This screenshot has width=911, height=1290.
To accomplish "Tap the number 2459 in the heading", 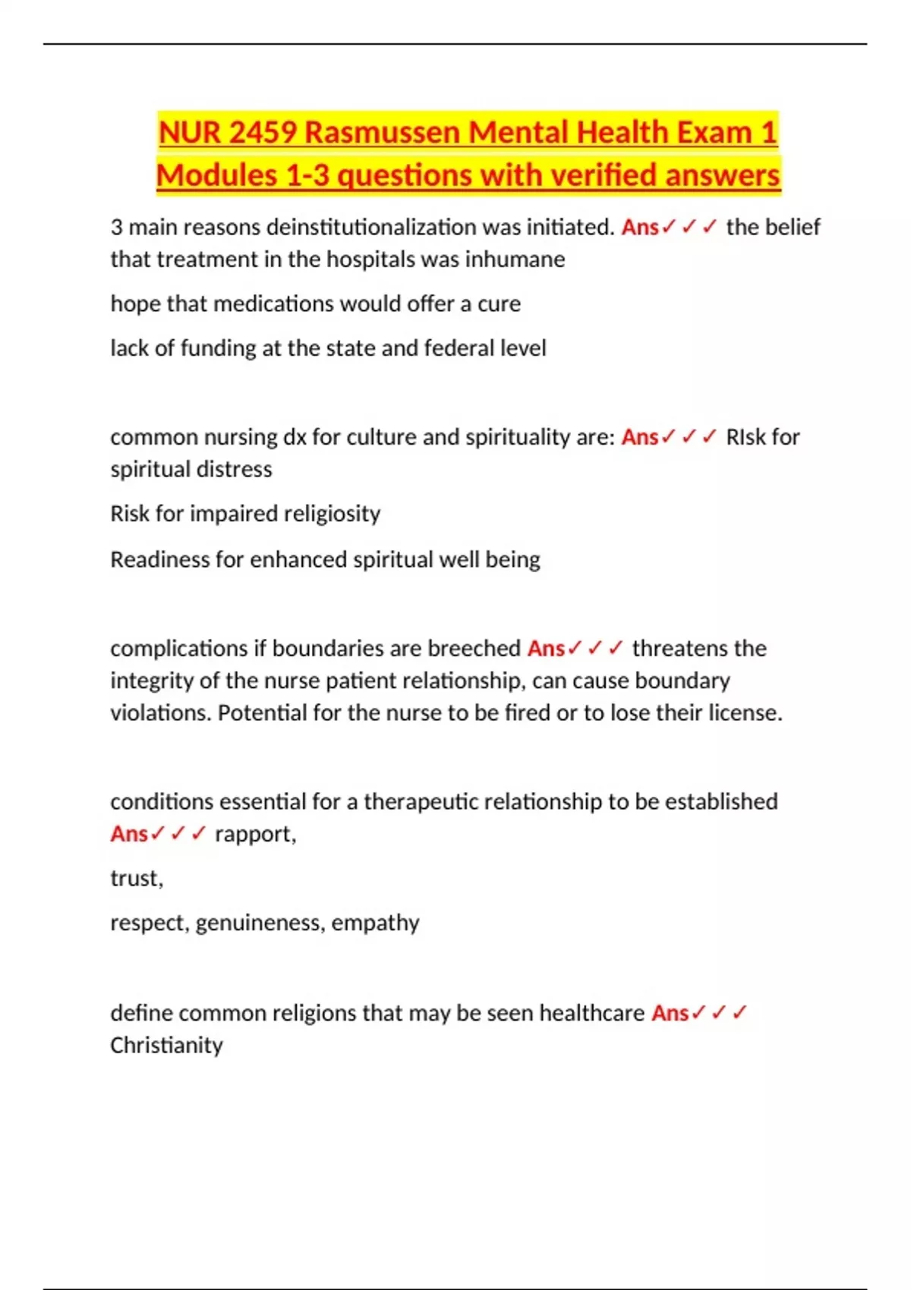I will click(262, 133).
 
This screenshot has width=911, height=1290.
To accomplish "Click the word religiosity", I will click(333, 514).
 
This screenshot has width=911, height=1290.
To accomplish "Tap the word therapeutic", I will click(421, 802).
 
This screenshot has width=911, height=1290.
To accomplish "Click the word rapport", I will click(255, 834).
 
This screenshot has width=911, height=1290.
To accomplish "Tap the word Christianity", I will click(166, 1046).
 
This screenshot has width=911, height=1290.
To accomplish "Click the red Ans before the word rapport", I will click(129, 834).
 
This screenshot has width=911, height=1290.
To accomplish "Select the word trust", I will click(136, 879).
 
